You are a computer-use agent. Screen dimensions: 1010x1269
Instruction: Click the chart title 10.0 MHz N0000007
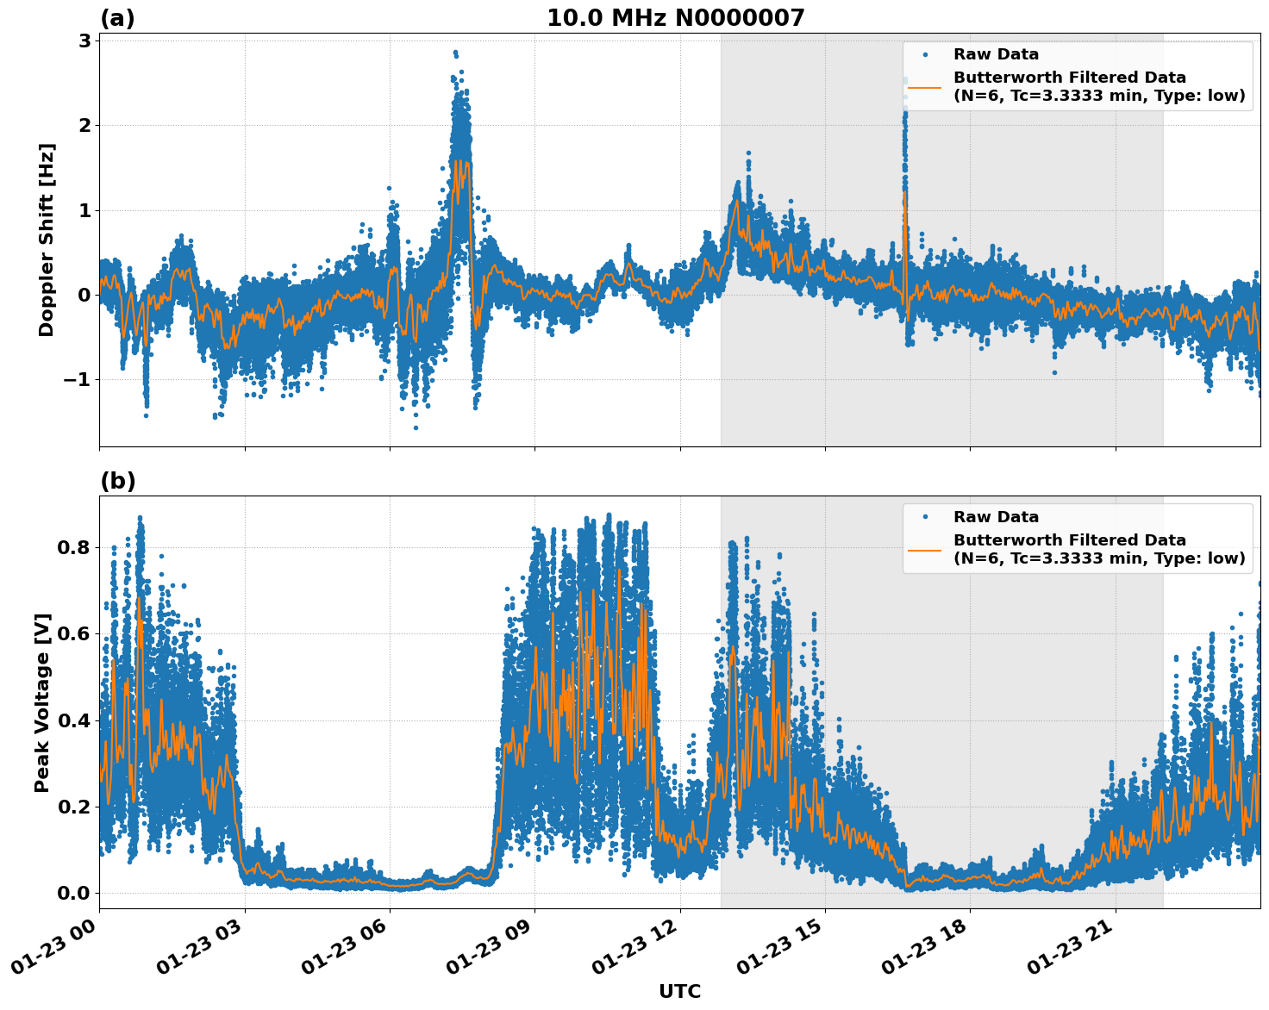tap(675, 17)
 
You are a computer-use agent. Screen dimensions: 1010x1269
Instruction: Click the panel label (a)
tap(117, 18)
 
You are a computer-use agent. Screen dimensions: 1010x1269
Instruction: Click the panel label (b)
tap(117, 481)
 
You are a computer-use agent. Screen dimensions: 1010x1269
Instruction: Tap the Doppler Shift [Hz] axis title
tap(47, 240)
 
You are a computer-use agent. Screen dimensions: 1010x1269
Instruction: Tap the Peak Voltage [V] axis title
tap(43, 702)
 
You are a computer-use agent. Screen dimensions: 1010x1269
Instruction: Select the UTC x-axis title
tap(679, 991)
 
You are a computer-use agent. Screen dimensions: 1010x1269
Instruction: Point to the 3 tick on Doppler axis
tap(84, 41)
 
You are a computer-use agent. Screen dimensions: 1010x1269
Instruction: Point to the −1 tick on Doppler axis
tap(78, 380)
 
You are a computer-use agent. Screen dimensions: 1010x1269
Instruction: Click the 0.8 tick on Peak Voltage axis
tap(74, 548)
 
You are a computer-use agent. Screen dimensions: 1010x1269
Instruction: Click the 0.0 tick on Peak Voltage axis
tap(74, 893)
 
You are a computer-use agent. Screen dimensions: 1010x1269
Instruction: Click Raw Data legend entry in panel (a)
tap(995, 54)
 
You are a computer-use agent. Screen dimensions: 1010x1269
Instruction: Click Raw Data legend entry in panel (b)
tap(995, 517)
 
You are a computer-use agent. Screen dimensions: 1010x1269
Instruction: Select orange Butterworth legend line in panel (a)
tap(925, 86)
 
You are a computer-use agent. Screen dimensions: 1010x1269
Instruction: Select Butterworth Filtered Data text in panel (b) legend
tap(1069, 540)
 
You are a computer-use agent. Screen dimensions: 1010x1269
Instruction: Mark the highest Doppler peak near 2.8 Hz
tap(455, 53)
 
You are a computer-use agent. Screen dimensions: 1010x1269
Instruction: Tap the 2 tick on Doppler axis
tap(84, 126)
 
